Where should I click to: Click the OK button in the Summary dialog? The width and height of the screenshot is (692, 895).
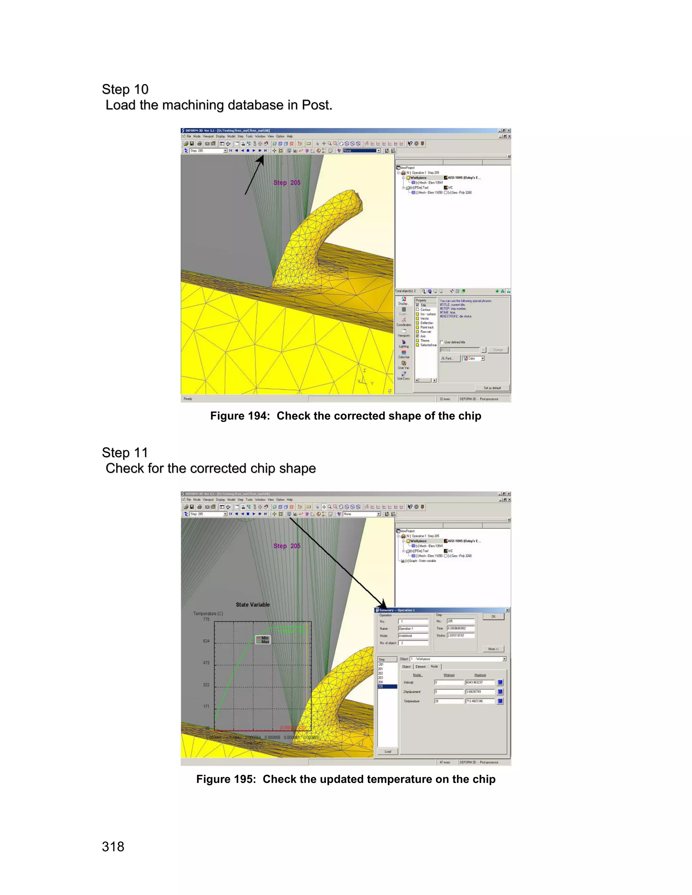click(x=493, y=616)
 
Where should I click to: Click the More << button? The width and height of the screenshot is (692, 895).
click(x=493, y=649)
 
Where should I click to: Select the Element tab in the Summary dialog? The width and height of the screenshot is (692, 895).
click(x=421, y=667)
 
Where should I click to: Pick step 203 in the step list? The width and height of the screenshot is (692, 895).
click(x=381, y=677)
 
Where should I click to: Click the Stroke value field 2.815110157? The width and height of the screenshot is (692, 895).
click(x=461, y=636)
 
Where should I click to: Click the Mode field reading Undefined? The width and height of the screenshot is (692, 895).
click(x=413, y=636)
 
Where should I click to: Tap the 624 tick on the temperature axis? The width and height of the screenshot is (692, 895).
click(x=206, y=641)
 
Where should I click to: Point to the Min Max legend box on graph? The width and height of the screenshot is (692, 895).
click(x=263, y=640)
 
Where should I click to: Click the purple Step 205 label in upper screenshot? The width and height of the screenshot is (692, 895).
click(x=287, y=182)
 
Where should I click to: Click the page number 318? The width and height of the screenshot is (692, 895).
click(x=113, y=846)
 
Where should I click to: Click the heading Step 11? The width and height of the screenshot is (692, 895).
click(x=125, y=453)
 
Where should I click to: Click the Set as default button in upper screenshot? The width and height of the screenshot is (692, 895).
click(x=492, y=388)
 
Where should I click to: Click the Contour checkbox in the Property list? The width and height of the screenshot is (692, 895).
click(x=418, y=309)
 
